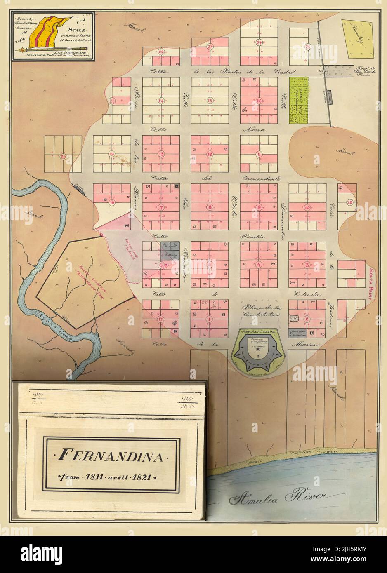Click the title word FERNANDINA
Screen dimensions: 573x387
pos(111,456)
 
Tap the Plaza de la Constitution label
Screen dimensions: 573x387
pos(262,310)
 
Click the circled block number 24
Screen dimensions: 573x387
pos(259,42)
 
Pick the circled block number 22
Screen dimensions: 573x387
pos(161,52)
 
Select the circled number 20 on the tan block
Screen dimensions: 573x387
pos(63,157)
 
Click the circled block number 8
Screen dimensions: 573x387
pos(210,207)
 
